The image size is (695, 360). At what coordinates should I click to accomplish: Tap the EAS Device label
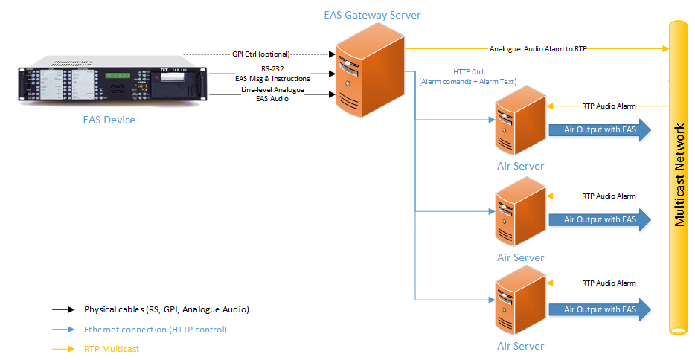pyautogui.click(x=109, y=119)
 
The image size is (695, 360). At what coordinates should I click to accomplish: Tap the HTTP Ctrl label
pyautogui.click(x=467, y=72)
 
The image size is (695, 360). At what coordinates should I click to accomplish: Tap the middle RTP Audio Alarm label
pyautogui.click(x=609, y=196)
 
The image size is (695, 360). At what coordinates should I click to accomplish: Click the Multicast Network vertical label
pyautogui.click(x=679, y=176)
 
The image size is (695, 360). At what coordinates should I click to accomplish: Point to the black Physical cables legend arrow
pyautogui.click(x=63, y=309)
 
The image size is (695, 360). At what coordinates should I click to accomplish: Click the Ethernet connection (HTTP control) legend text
pyautogui.click(x=155, y=329)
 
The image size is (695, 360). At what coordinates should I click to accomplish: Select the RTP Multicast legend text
pyautogui.click(x=112, y=348)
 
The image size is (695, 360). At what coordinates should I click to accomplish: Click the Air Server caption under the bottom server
pyautogui.click(x=520, y=346)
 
